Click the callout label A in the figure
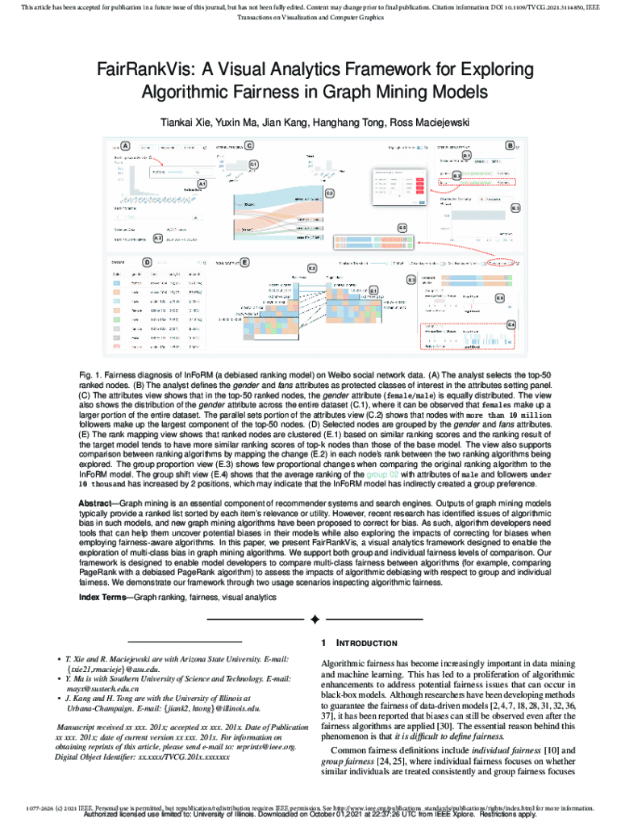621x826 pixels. pos(126,146)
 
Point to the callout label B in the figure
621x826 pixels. pos(510,145)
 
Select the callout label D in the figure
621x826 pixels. pos(148,262)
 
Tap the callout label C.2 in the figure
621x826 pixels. pos(329,194)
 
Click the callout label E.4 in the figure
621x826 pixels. pos(511,323)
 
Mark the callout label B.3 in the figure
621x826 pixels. pos(514,208)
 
